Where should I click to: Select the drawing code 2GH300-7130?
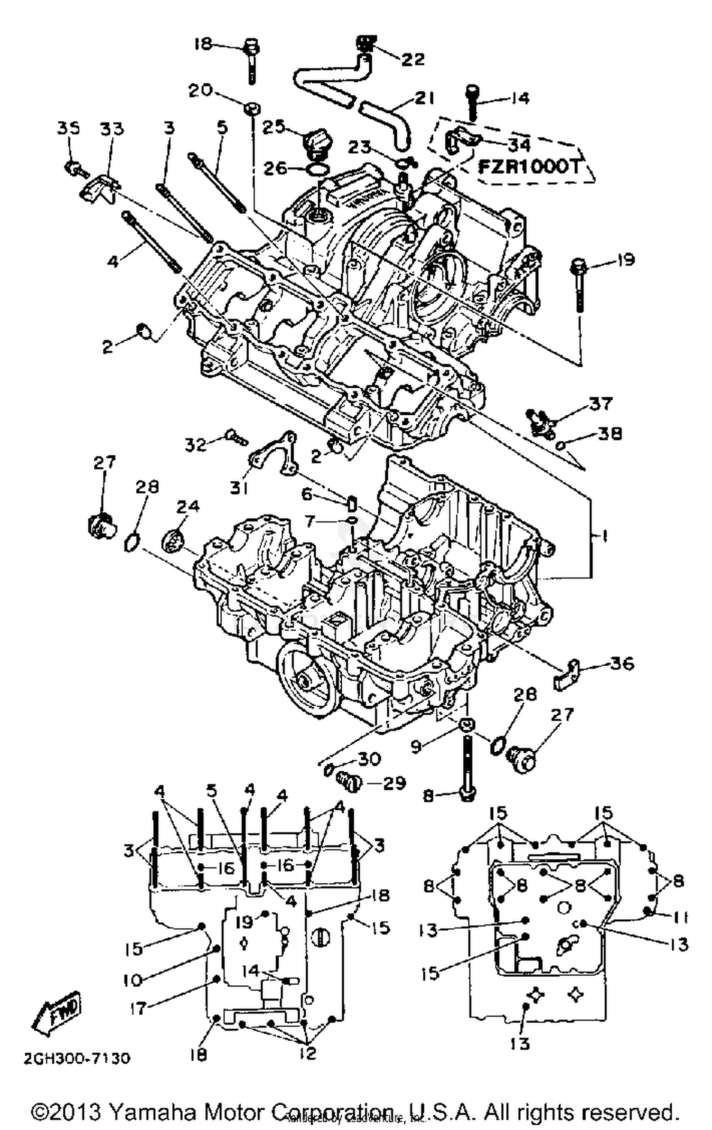tap(76, 1058)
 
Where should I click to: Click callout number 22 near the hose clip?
tap(412, 59)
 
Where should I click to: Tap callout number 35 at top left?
tap(69, 129)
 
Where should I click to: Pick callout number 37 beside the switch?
tap(600, 403)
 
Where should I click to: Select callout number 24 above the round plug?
tap(188, 506)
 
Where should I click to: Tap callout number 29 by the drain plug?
tap(393, 783)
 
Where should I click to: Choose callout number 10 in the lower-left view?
tap(133, 980)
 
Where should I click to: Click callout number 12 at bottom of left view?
tap(308, 1053)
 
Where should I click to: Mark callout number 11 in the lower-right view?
tap(679, 918)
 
